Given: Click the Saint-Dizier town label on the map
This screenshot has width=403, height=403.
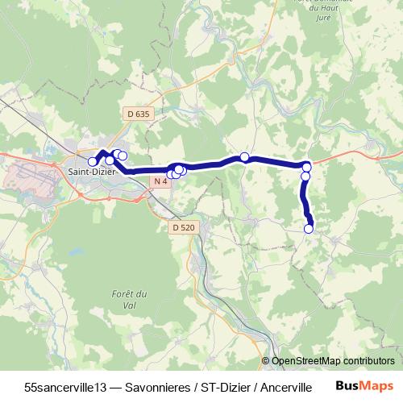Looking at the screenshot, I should pos(90,171).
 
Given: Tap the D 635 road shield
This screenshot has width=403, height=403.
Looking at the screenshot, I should pos(139,114).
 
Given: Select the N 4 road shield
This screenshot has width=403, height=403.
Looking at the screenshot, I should pos(160,181).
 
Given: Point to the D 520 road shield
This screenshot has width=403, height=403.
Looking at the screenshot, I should pos(183,228).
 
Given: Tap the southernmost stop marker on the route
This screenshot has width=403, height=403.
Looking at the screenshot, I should pos(309,229).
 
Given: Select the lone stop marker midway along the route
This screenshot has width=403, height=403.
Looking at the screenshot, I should pos(244,157).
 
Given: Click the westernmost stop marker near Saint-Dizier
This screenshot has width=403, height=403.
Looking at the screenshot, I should pos(93,162).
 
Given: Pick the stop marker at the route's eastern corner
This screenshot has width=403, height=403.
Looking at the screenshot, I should pos(307,167).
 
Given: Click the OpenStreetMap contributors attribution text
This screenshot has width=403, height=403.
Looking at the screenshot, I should pos(332,361).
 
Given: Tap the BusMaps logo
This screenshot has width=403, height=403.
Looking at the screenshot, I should pos(365,386).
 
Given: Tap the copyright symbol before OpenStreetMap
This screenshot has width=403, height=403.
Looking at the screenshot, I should pos(266,361).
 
